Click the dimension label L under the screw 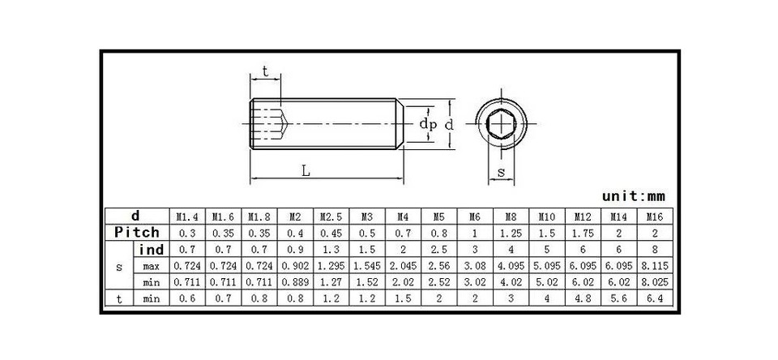(x=305, y=170)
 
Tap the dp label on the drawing (x=428, y=124)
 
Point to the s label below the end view (x=501, y=172)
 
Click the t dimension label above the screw (x=265, y=72)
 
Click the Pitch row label (x=137, y=233)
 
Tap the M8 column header (x=511, y=216)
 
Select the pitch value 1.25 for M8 (x=511, y=233)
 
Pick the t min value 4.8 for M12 (x=582, y=298)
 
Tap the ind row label (x=152, y=250)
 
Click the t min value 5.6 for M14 (x=618, y=298)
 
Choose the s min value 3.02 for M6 (x=475, y=282)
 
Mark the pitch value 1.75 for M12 (x=582, y=233)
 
